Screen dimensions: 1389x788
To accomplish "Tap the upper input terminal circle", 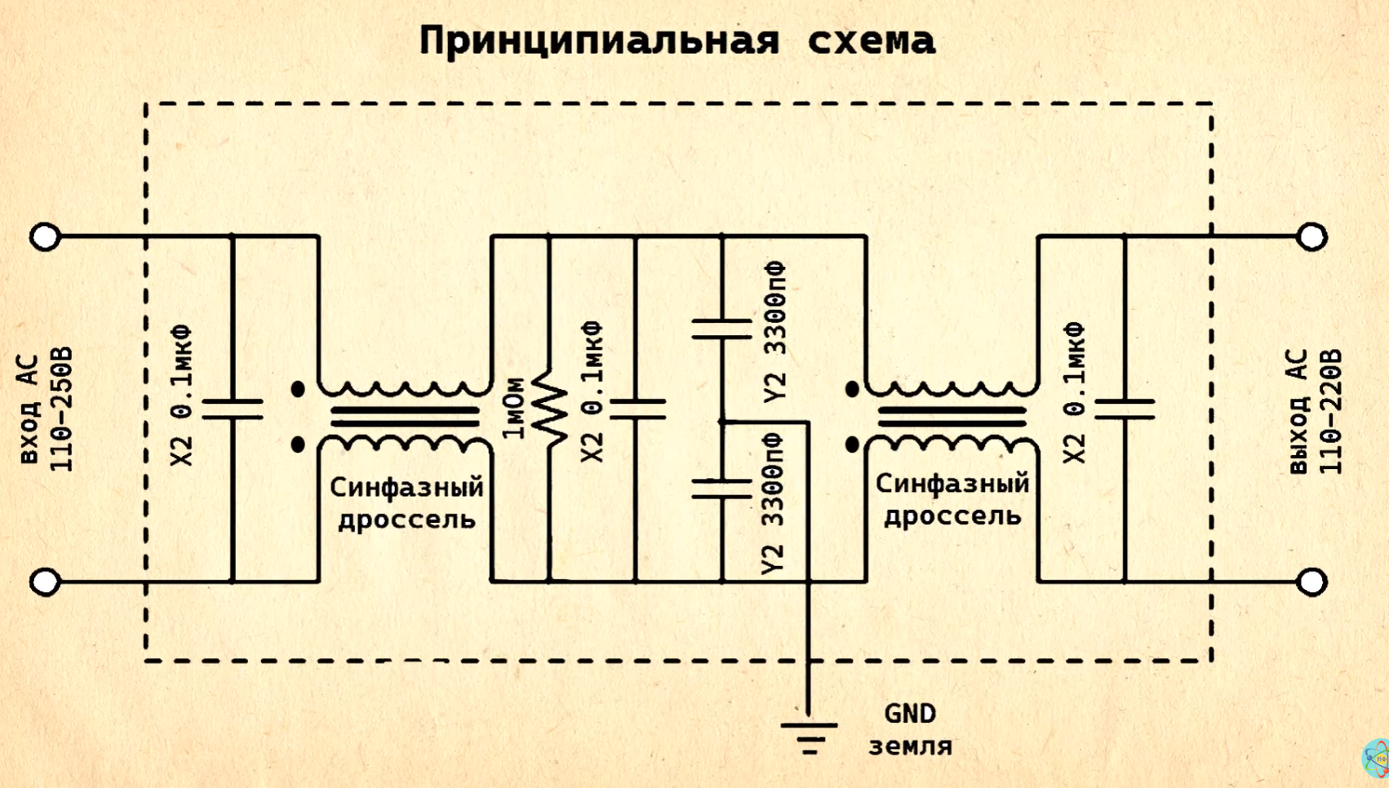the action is (x=45, y=237).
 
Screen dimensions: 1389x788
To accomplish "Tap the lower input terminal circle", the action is (x=45, y=582).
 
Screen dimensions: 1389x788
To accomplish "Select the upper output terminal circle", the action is (x=1311, y=237).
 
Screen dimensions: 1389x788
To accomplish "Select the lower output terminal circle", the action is (x=1311, y=582).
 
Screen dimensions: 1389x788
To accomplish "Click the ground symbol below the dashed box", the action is (x=809, y=737).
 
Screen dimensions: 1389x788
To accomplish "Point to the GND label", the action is (x=910, y=715).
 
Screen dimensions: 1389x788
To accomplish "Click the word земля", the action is (x=910, y=746).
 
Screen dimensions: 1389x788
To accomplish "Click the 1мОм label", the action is (x=514, y=408).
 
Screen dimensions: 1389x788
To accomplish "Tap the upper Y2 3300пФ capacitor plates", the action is (x=721, y=330).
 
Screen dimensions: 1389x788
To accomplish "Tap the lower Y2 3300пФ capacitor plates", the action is (x=721, y=489).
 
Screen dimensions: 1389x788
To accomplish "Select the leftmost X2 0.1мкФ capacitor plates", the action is (x=233, y=409).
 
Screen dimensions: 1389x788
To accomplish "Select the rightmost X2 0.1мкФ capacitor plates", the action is (x=1125, y=409).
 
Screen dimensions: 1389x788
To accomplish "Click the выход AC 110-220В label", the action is (x=1316, y=412).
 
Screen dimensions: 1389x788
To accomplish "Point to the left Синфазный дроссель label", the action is (x=406, y=503).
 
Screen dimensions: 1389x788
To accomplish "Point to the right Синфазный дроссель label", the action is (x=952, y=500).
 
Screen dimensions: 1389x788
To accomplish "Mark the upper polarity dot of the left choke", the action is (x=298, y=389).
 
